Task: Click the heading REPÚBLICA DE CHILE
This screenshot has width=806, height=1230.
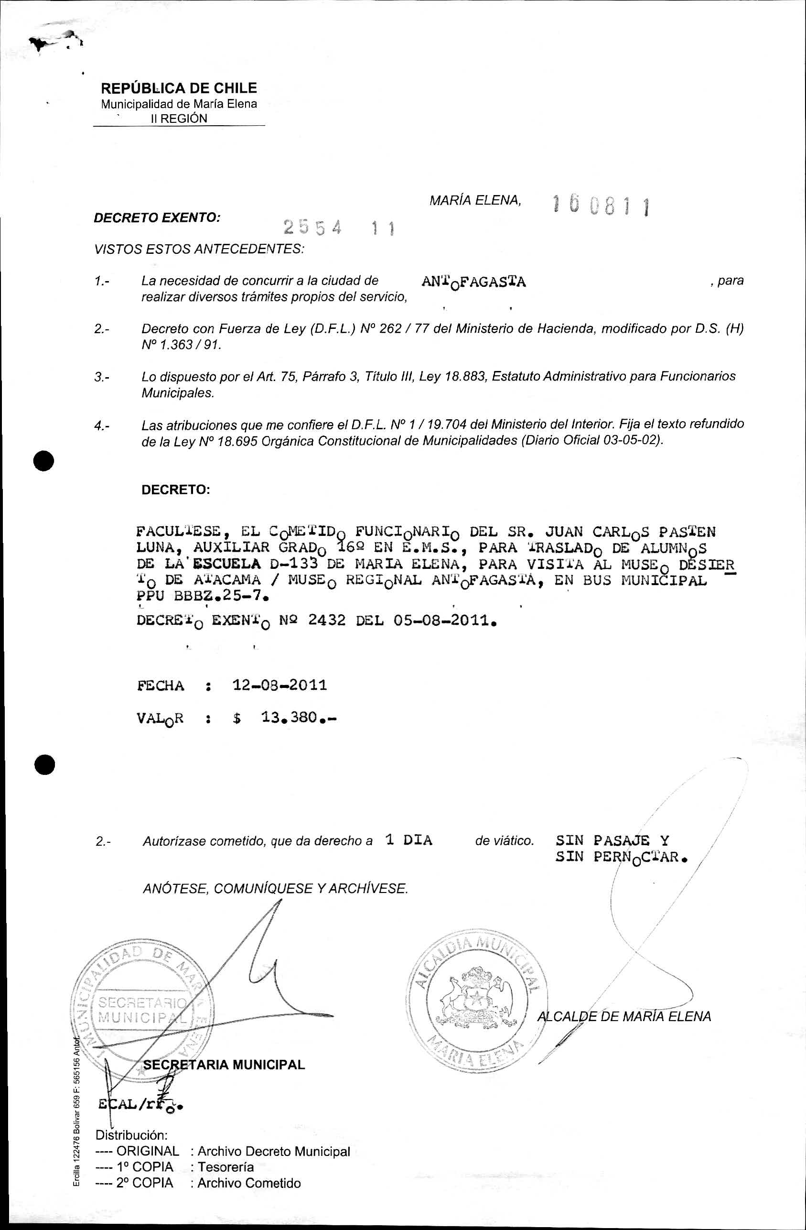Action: coord(179,88)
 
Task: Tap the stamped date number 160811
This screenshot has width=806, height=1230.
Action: coord(601,207)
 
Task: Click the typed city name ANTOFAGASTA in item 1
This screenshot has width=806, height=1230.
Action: coord(473,282)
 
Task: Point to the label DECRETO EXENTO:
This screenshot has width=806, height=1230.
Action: coord(157,218)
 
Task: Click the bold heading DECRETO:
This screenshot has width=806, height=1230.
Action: coord(176,490)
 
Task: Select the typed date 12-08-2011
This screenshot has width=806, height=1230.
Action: coord(279,686)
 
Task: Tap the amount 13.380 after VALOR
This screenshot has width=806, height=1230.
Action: coord(289,718)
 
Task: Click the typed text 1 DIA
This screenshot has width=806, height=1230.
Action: coord(408,840)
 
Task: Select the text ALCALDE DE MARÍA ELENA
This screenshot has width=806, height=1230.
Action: coord(624,1016)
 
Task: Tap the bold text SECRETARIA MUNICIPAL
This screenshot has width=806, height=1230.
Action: coord(224,1064)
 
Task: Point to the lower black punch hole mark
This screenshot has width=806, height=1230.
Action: coord(44,764)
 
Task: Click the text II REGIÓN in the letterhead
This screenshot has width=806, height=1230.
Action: coord(179,119)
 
